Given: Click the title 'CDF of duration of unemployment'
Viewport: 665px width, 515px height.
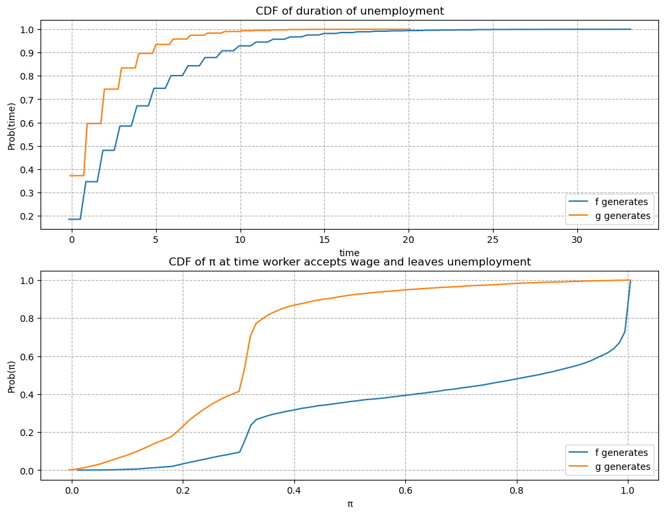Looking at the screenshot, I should click(x=349, y=11).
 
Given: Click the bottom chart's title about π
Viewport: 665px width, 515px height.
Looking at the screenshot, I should click(x=349, y=261).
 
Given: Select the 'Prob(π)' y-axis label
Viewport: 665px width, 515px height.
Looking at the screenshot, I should click(x=11, y=375).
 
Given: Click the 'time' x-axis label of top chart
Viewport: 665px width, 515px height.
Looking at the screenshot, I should click(x=349, y=253).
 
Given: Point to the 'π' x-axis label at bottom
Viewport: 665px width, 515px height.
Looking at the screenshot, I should click(x=349, y=504).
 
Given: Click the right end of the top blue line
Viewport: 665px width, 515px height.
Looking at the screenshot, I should click(x=630, y=29).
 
